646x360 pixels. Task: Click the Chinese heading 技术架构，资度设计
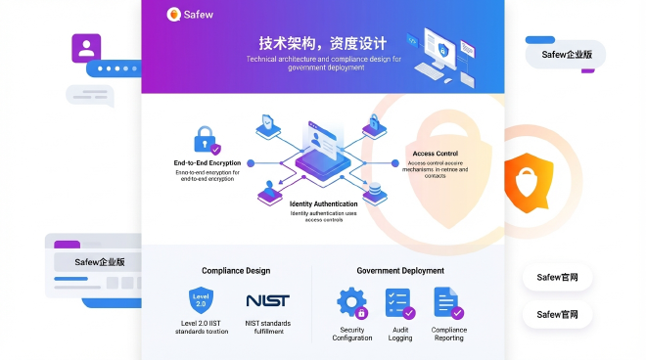click(322, 44)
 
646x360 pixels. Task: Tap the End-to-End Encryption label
click(207, 162)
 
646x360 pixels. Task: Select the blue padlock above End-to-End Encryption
click(205, 137)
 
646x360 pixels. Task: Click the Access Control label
click(435, 154)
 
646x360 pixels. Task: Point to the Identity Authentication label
click(323, 203)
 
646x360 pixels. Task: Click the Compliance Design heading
click(236, 271)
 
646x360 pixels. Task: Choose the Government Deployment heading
click(399, 271)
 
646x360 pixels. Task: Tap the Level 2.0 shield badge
click(202, 300)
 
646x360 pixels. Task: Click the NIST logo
click(267, 300)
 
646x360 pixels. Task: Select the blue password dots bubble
click(114, 68)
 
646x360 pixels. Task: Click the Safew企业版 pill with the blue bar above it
click(566, 55)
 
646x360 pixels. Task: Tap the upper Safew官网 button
click(557, 278)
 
